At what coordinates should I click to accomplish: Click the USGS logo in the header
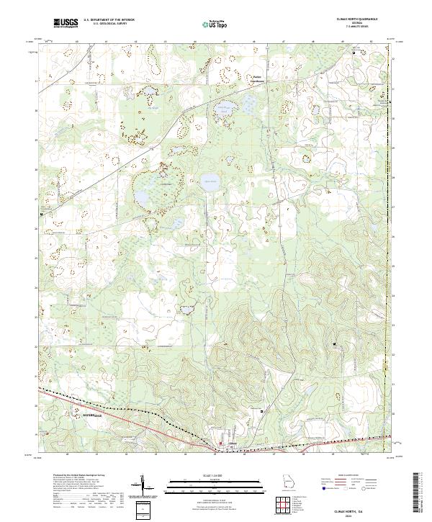[x=66, y=23]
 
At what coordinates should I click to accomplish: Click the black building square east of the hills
[x=334, y=345]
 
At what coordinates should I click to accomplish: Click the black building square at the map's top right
[x=353, y=53]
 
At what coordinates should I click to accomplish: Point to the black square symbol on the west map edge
[x=42, y=214]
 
